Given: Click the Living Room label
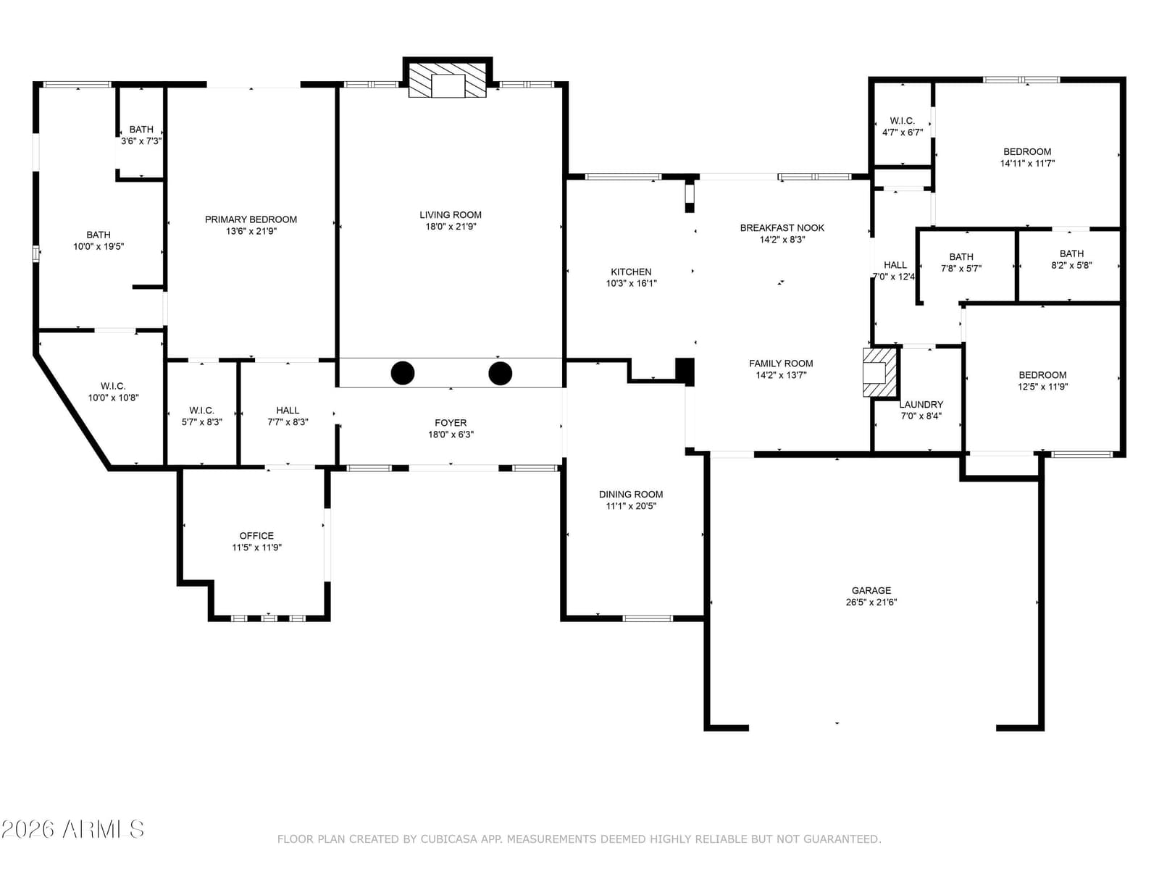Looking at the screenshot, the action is [451, 215].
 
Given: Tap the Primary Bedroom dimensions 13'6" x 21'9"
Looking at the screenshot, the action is [251, 231].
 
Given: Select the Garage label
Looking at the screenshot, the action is [871, 590].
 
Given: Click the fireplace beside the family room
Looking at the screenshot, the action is [879, 372].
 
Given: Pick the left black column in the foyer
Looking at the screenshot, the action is [402, 373].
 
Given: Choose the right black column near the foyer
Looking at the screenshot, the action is [500, 373].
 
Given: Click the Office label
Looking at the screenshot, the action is [256, 536].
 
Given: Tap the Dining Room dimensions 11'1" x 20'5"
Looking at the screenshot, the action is [631, 506].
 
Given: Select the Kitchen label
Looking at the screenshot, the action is [631, 272].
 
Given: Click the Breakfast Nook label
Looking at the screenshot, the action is [782, 228].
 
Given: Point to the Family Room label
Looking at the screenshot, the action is [781, 363].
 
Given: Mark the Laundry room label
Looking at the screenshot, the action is [921, 404].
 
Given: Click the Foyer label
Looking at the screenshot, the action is [451, 423].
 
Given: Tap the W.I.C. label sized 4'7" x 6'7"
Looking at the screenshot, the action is [903, 121].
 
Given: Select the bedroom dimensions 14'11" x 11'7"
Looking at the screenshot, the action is [1027, 164].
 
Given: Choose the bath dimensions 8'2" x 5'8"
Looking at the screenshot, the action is [1071, 265].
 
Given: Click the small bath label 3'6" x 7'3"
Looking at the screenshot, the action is [141, 130].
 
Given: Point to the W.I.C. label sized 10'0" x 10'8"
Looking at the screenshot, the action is [113, 386].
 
